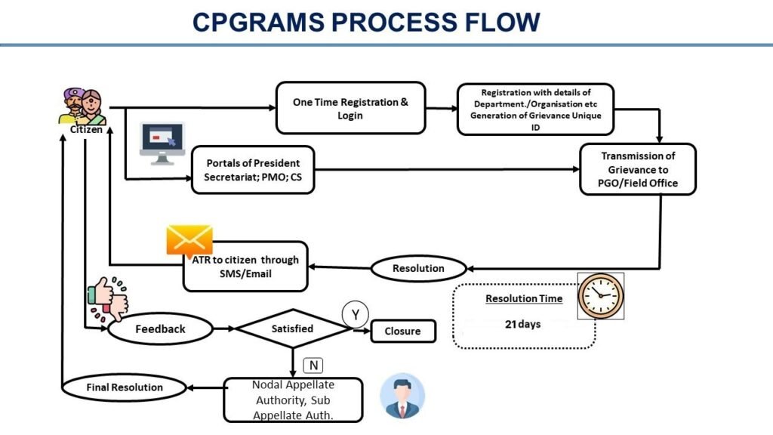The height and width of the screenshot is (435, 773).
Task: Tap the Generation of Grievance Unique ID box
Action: coord(535,109)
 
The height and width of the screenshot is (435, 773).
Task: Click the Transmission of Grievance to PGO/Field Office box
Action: coord(637,169)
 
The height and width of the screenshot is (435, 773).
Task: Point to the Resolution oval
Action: coord(418,268)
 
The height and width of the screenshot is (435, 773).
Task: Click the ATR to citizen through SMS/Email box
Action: coord(245,267)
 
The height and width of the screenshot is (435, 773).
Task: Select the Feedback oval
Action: coord(160,329)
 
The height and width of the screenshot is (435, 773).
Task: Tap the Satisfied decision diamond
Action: coord(291,329)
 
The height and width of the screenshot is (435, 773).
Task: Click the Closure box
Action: coord(402,331)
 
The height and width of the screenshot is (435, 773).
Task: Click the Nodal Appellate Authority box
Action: coord(293,400)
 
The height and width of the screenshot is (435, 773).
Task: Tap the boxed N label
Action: coord(313,366)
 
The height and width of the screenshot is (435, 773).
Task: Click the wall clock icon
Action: coord(601,295)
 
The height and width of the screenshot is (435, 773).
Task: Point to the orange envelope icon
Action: coord(189,241)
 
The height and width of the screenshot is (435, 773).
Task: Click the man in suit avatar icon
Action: coord(402,395)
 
